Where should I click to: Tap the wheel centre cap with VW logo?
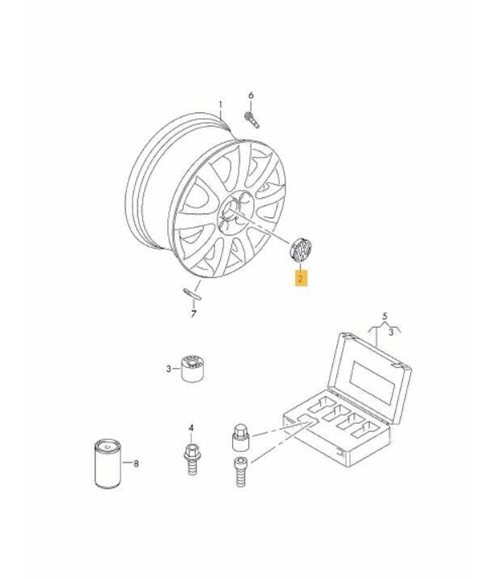[300, 251]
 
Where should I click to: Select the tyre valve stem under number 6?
[252, 120]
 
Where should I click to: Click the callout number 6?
[251, 95]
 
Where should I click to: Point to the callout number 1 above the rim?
[221, 105]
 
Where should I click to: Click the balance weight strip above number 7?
[193, 294]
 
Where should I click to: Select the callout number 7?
[193, 314]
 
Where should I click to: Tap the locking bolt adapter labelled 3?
[193, 369]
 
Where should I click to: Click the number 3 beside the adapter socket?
[168, 369]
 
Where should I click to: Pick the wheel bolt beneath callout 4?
[192, 459]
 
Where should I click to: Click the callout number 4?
[191, 428]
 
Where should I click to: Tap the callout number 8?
[136, 463]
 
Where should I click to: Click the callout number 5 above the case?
[385, 316]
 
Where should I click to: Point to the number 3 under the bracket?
[391, 332]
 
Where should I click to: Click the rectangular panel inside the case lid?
[374, 382]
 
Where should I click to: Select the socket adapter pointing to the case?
[240, 437]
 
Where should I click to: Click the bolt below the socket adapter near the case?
[240, 472]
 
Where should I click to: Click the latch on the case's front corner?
[341, 451]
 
